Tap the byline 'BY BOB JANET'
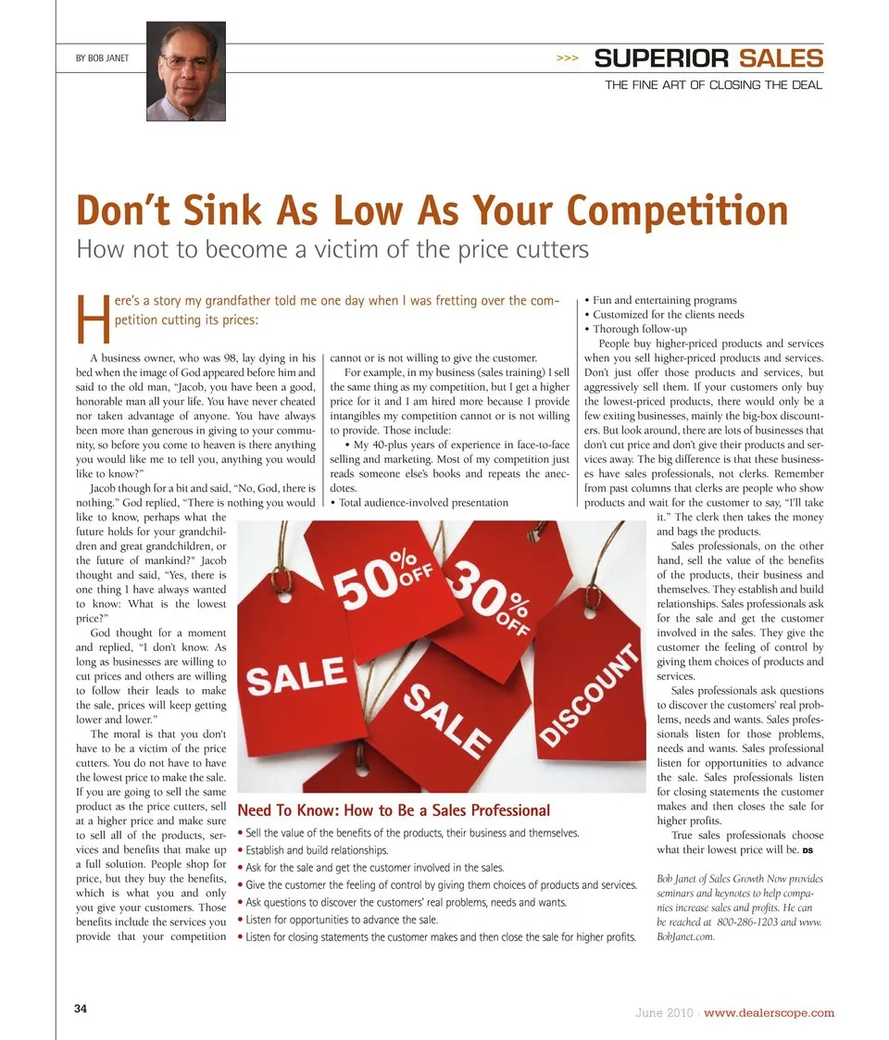click(101, 58)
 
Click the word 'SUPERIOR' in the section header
click(661, 58)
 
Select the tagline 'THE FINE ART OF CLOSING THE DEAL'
click(713, 85)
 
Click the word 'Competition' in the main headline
click(678, 211)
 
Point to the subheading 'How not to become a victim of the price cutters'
click(332, 249)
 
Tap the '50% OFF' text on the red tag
click(380, 574)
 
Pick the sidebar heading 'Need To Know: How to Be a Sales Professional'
click(394, 810)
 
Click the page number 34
click(81, 1009)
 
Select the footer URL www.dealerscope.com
click(769, 1012)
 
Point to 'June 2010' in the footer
click(663, 1012)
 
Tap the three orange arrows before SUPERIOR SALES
click(567, 58)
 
